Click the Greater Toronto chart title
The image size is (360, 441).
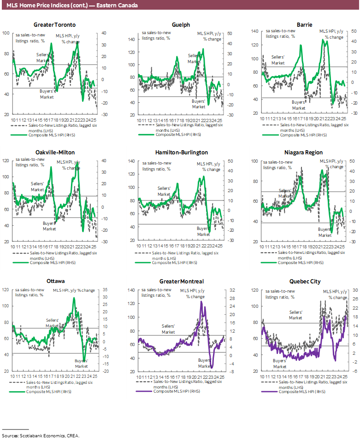54,24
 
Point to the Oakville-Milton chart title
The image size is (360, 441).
54,152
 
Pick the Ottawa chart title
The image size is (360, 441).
55,281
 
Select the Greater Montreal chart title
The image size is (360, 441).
181,281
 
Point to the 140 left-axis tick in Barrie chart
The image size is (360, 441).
254,31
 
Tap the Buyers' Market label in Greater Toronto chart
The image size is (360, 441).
47,94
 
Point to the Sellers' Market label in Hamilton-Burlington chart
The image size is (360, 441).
164,191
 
